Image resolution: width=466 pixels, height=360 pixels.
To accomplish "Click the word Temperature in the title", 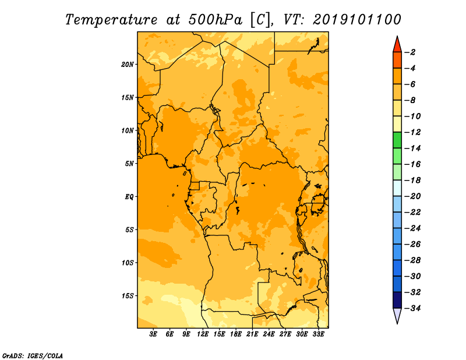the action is (111, 20).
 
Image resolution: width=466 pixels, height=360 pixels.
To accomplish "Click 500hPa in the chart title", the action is (216, 20).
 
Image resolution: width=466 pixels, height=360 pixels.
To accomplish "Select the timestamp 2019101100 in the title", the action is (357, 20).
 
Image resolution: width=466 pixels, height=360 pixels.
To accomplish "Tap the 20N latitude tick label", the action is (128, 65).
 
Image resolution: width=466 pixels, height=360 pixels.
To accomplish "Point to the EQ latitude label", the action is (129, 197).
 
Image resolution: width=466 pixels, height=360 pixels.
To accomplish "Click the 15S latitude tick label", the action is (128, 296).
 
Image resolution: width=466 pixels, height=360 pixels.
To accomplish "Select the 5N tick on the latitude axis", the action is (129, 164).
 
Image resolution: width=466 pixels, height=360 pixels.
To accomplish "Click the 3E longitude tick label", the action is (153, 334).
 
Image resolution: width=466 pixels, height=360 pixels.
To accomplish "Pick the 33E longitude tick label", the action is (318, 334).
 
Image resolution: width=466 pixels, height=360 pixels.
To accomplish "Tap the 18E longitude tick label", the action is (236, 334).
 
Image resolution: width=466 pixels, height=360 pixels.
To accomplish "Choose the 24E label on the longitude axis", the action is (269, 334).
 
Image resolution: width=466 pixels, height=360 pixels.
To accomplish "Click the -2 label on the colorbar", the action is (411, 52).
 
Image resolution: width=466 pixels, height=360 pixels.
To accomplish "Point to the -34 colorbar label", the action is (412, 308).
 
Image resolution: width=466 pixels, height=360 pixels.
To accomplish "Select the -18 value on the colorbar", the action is (412, 180).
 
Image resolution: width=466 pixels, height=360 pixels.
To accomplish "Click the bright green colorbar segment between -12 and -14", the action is (397, 140).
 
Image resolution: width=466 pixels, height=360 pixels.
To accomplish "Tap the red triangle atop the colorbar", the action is (397, 45).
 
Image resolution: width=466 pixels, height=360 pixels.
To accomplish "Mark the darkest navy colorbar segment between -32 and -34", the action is (397, 300).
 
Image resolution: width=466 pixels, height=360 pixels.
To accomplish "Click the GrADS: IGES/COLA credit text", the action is (33, 356).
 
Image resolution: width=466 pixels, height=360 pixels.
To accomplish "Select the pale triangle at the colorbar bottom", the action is (397, 316).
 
